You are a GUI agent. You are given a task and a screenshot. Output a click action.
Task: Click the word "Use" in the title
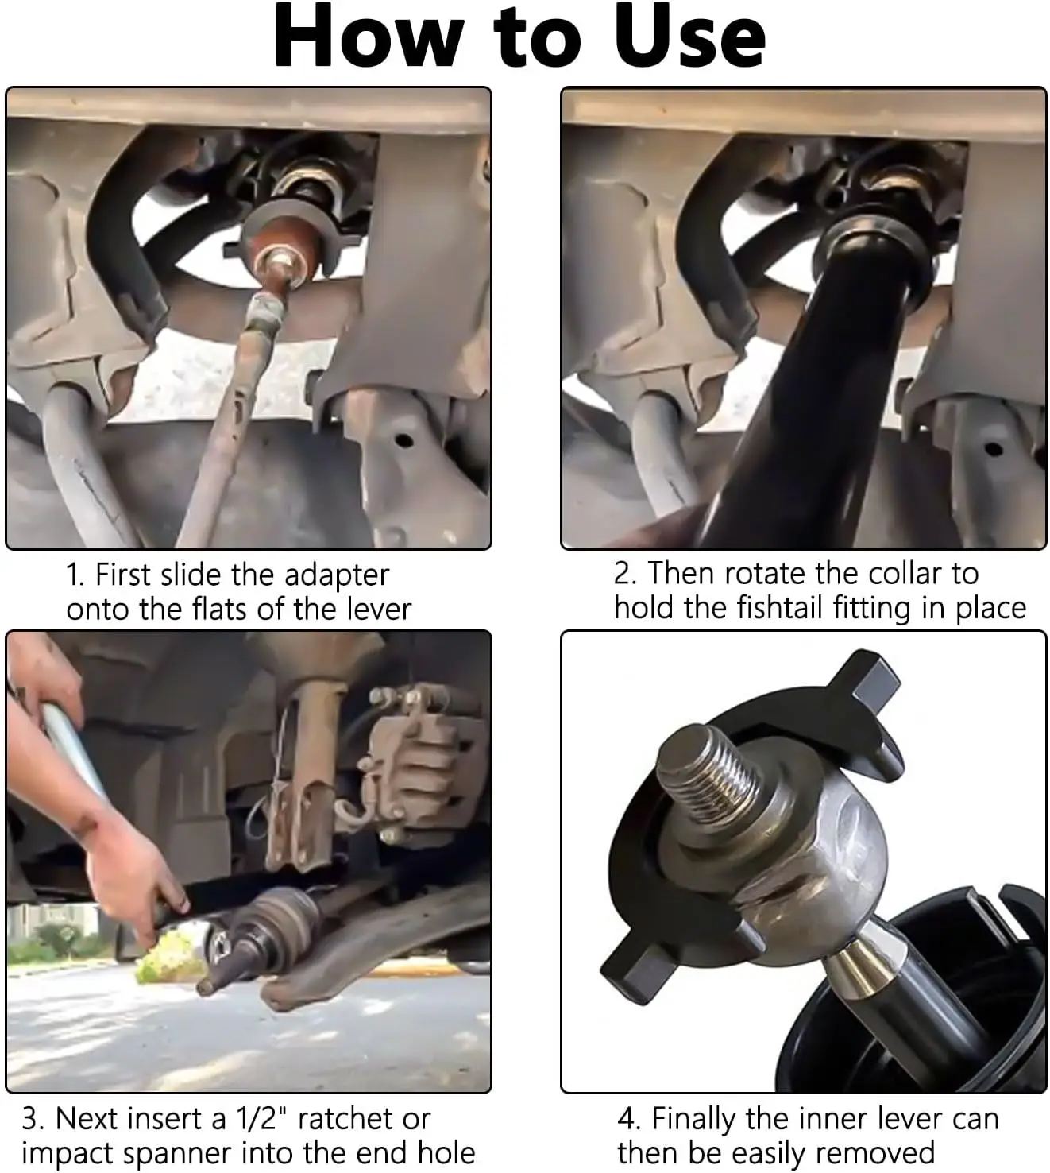(689, 38)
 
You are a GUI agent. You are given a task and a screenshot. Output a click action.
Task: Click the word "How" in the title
(369, 38)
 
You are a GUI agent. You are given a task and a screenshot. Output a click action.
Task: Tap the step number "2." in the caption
(626, 573)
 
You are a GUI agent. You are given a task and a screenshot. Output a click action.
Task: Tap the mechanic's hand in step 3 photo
(134, 874)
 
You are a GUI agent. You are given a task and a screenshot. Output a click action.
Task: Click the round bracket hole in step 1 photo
(403, 440)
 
